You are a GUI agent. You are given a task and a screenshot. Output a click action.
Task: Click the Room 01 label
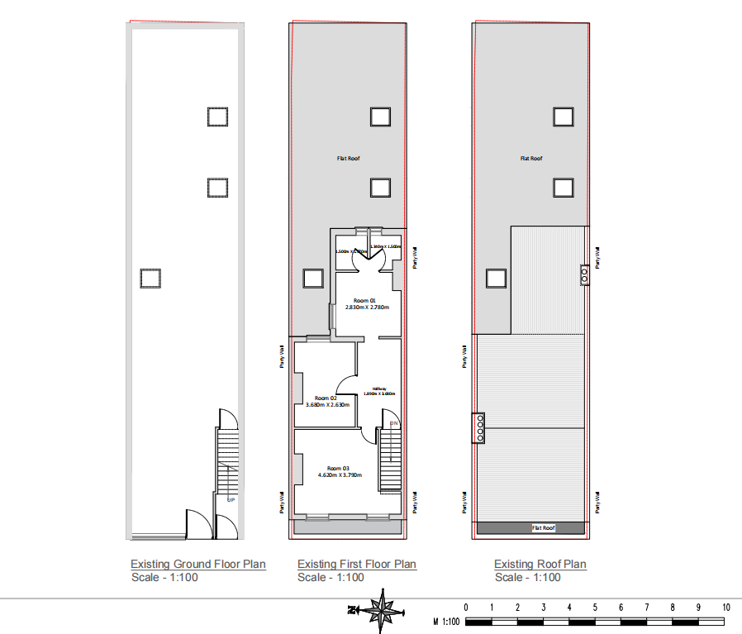click(364, 299)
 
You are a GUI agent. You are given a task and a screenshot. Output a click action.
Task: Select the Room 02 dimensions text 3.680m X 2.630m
click(322, 405)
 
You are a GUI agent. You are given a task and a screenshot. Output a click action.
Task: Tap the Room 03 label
click(339, 468)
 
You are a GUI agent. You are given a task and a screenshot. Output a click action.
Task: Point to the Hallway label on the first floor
click(380, 389)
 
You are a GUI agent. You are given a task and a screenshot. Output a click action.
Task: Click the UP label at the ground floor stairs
click(230, 499)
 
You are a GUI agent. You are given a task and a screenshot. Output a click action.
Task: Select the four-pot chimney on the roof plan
click(480, 428)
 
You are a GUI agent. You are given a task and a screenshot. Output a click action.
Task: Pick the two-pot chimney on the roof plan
click(585, 274)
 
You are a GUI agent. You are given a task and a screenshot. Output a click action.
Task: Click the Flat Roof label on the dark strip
click(543, 527)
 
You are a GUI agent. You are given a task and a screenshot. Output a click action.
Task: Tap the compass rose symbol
click(381, 610)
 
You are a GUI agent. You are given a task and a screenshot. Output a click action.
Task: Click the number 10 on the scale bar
click(725, 608)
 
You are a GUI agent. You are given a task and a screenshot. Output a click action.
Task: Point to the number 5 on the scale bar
click(596, 608)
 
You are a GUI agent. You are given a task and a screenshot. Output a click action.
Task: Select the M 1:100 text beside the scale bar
click(447, 621)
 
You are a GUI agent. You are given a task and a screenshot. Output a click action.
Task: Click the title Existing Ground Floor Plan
click(198, 565)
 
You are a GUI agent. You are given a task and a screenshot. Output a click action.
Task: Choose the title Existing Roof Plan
click(540, 565)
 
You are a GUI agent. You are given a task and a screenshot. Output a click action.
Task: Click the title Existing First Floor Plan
click(357, 565)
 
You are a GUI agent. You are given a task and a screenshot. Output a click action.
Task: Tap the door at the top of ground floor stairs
click(225, 417)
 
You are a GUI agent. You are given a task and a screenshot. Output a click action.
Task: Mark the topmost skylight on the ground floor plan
click(217, 117)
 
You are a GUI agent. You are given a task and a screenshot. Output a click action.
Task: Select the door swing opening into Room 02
click(345, 384)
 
